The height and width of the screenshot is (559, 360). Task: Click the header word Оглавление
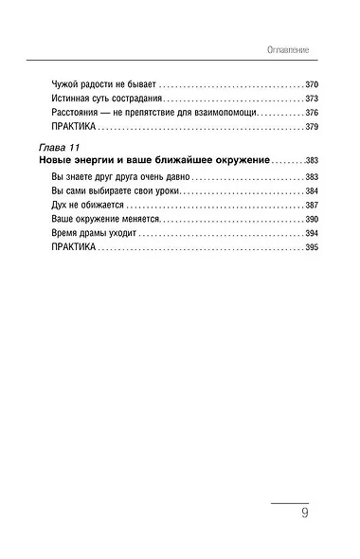click(289, 48)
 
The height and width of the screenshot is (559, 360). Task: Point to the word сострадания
click(135, 98)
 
